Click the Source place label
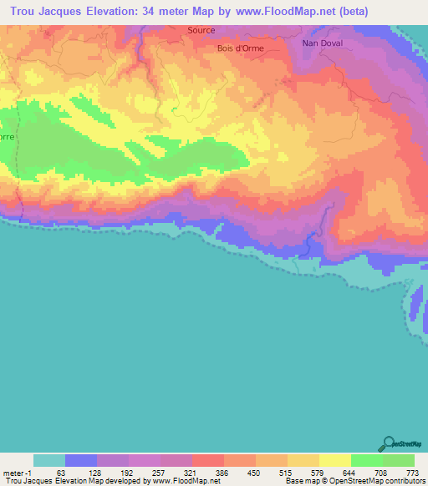[201, 30]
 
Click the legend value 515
[287, 473]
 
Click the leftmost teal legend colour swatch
[49, 460]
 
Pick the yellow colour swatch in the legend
[334, 460]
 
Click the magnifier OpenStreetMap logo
[388, 443]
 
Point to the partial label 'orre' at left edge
[7, 136]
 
